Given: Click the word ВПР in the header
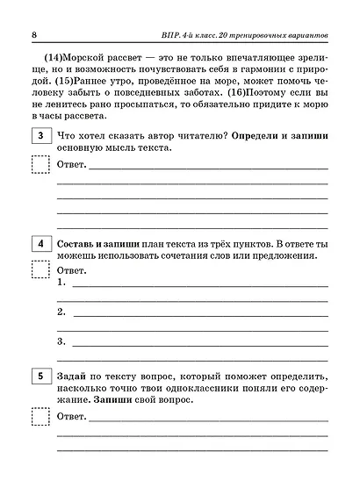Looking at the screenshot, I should [x=176, y=34].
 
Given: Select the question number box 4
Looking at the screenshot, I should [x=40, y=243].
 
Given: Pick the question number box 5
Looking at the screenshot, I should [x=40, y=376].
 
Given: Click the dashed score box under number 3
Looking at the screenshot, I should [x=40, y=164].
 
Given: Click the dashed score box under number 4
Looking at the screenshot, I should [x=40, y=270].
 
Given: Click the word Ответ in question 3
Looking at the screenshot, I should [x=73, y=164].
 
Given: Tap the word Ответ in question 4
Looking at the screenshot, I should [x=73, y=270].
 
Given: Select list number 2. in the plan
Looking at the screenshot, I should [x=61, y=312].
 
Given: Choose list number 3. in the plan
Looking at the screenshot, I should [x=61, y=341].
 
